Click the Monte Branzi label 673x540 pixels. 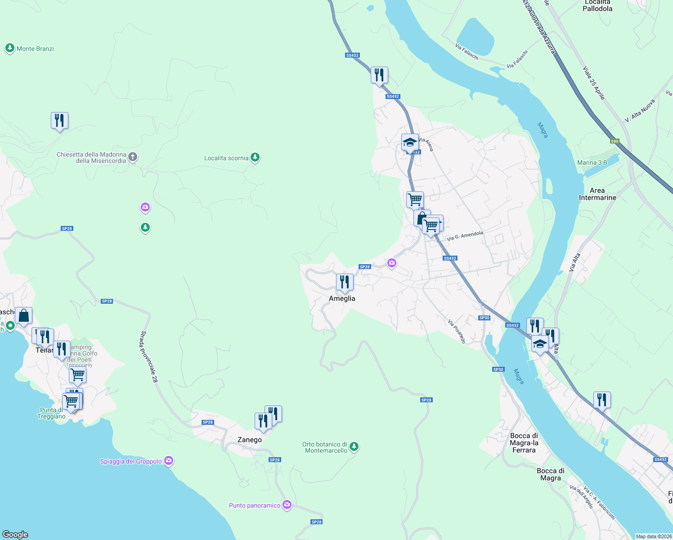coord(35,49)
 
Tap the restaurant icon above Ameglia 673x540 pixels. coord(345,282)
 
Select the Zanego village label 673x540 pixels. coord(249,440)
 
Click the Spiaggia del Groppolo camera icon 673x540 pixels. coord(169,461)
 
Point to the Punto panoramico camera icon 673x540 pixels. coord(287,505)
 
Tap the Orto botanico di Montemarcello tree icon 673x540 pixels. coord(354,447)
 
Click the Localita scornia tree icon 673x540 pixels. coord(255,157)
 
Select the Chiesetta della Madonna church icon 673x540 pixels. coord(133,157)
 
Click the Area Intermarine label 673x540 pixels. coord(597,194)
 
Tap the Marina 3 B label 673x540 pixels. coord(592,162)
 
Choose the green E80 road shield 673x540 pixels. coord(615,141)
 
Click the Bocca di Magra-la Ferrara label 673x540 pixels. coord(524,443)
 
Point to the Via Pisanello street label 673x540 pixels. coord(457,332)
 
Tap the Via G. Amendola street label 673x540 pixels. coord(465,236)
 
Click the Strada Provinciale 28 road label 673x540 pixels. coord(149,357)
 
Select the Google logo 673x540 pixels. coord(15,534)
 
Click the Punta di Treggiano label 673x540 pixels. coord(51,413)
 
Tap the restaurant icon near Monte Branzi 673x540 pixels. coord(59,121)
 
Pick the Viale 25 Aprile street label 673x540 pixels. coord(594,83)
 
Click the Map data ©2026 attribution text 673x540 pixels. coord(653,536)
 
